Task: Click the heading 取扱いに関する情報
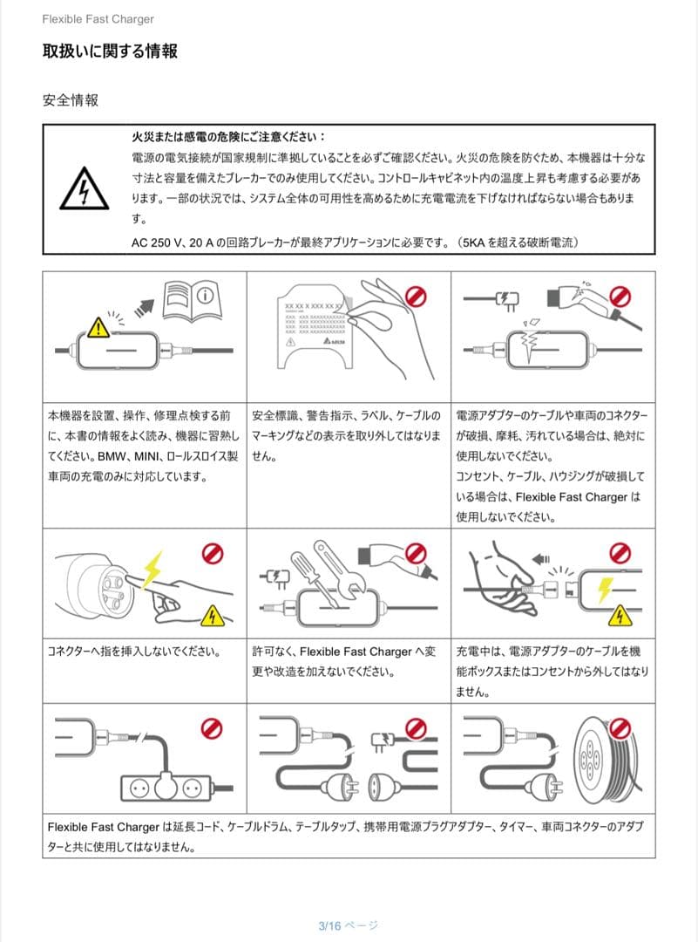click(x=110, y=51)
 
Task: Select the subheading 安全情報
click(x=71, y=100)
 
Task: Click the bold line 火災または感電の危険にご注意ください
click(x=228, y=137)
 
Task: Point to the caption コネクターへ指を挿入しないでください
click(x=132, y=651)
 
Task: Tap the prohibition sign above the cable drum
click(x=620, y=727)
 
